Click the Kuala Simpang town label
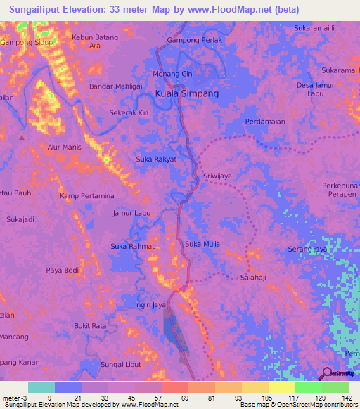[186, 93]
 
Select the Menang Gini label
[173, 74]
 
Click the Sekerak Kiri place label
[129, 112]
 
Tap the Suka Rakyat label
[155, 160]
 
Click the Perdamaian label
[265, 122]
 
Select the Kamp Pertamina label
[86, 195]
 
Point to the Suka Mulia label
[202, 244]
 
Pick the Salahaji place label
[252, 278]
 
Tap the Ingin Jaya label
[150, 305]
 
